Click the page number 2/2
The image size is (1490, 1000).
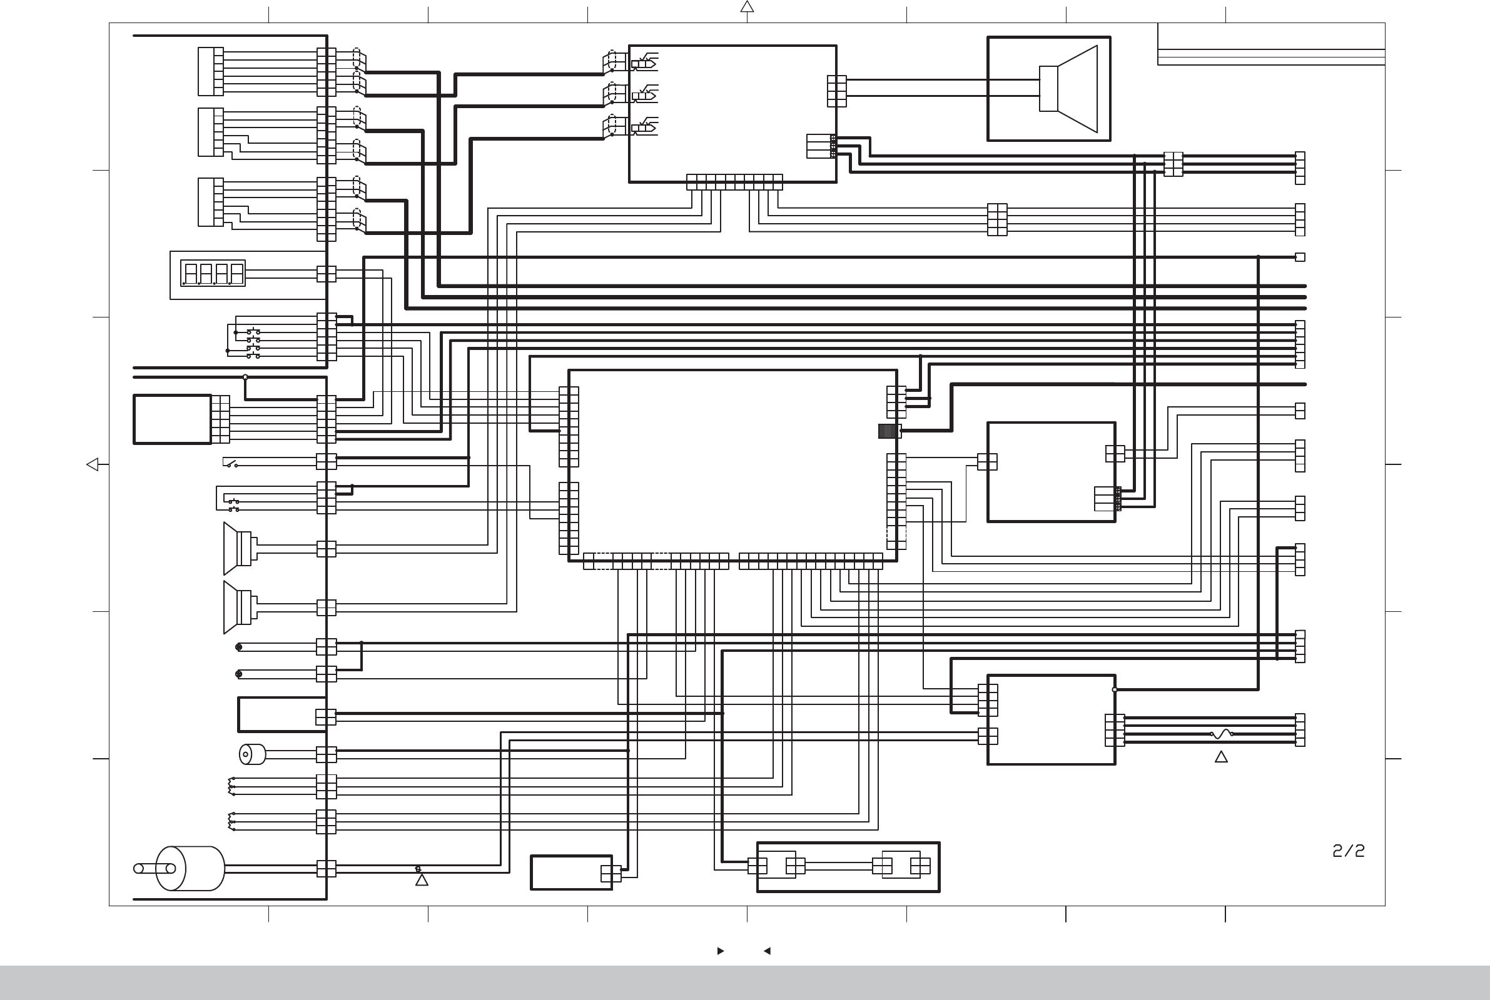point(1348,851)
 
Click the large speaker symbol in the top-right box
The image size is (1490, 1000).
point(1068,89)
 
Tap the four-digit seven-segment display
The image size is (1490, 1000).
point(213,273)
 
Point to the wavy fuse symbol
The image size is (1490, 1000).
point(1222,734)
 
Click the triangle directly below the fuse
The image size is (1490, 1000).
point(1221,757)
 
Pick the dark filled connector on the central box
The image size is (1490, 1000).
point(888,431)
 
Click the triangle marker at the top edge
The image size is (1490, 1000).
point(747,7)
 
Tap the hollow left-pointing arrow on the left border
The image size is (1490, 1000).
point(93,464)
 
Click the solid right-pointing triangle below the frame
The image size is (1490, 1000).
point(721,951)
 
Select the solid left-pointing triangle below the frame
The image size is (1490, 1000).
point(767,951)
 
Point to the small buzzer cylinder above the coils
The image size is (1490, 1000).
point(252,754)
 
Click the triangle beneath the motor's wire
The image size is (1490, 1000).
point(422,880)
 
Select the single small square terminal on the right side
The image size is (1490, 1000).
point(1299,257)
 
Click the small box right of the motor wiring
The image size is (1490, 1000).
point(571,872)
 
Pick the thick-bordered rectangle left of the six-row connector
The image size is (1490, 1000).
point(172,419)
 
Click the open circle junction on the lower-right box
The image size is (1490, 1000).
point(1115,689)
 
